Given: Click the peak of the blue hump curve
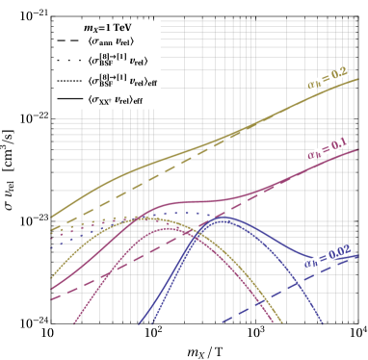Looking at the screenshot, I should (223, 218).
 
